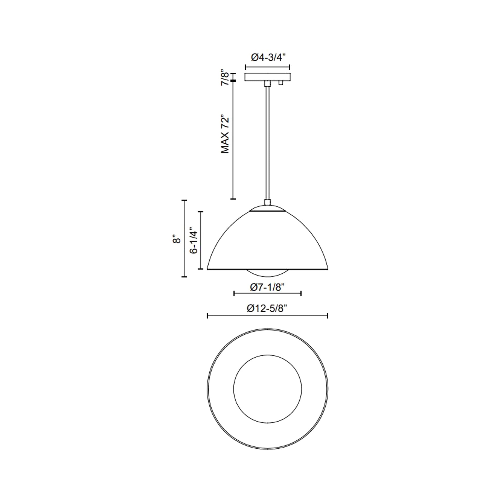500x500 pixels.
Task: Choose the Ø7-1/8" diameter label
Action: tap(267, 287)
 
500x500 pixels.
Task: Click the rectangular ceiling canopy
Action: tap(267, 77)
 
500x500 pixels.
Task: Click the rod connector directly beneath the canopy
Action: tap(267, 83)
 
